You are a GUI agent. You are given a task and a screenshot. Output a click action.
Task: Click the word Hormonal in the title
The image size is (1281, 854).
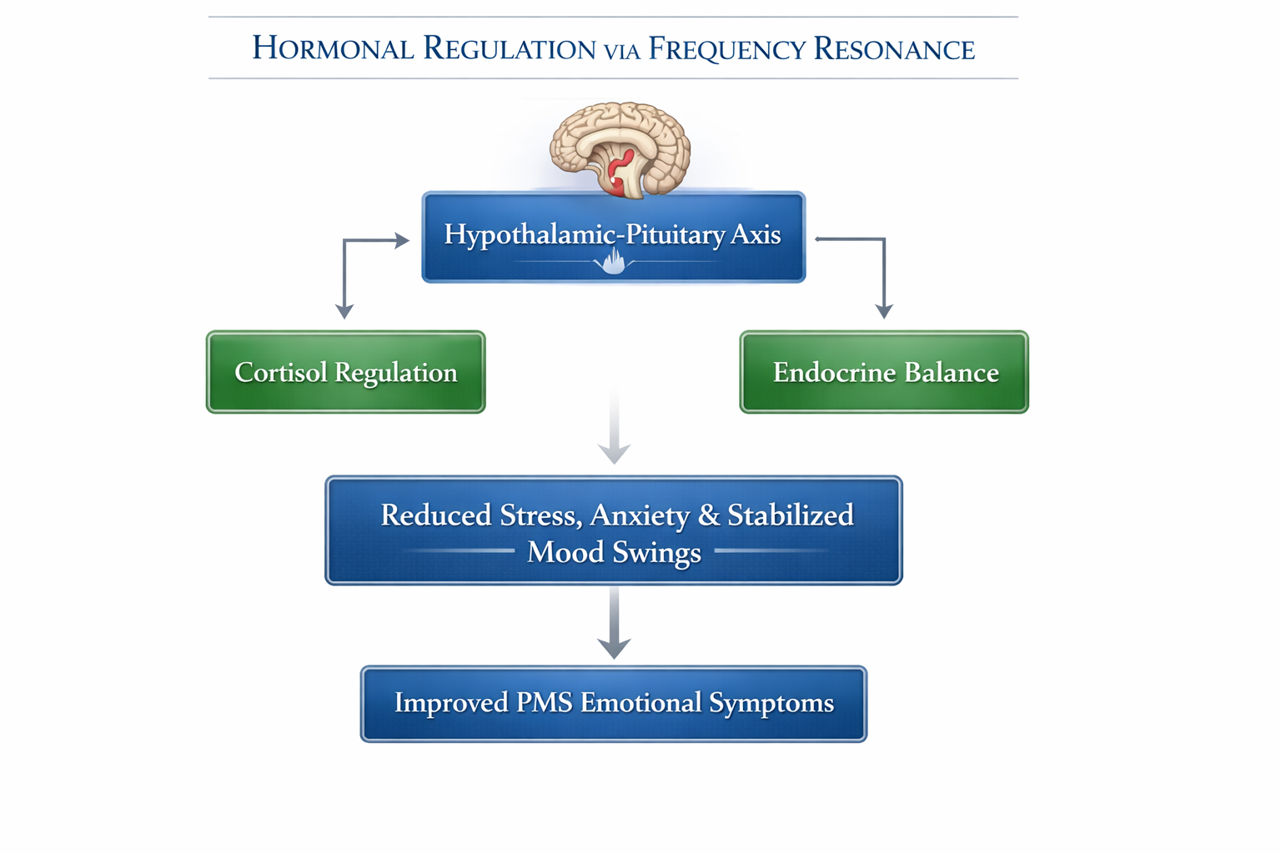click(333, 48)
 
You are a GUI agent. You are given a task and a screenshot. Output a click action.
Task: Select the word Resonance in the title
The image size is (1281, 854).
click(893, 48)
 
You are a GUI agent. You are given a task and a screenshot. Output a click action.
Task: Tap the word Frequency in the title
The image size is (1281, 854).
click(726, 48)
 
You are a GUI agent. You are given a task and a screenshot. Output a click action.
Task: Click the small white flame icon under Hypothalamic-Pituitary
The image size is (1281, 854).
click(614, 263)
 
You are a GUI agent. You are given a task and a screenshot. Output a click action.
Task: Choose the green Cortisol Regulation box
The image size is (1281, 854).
click(345, 372)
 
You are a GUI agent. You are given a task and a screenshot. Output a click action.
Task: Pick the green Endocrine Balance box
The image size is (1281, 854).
click(884, 372)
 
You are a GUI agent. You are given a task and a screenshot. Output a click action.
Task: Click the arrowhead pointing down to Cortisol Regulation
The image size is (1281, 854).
click(344, 311)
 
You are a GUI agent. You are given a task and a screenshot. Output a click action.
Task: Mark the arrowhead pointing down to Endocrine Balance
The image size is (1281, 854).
click(884, 311)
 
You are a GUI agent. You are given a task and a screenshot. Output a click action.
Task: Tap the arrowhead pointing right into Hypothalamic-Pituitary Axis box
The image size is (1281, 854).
click(402, 241)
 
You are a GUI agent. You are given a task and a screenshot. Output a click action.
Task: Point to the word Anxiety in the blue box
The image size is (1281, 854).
click(639, 515)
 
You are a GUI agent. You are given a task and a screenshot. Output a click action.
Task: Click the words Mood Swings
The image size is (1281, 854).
click(614, 552)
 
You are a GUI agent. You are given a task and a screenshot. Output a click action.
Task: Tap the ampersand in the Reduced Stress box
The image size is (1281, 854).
click(708, 515)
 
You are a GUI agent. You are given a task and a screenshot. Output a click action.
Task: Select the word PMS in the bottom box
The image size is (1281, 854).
click(544, 703)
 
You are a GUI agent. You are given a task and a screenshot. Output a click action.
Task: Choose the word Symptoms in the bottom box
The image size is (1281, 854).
click(771, 703)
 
